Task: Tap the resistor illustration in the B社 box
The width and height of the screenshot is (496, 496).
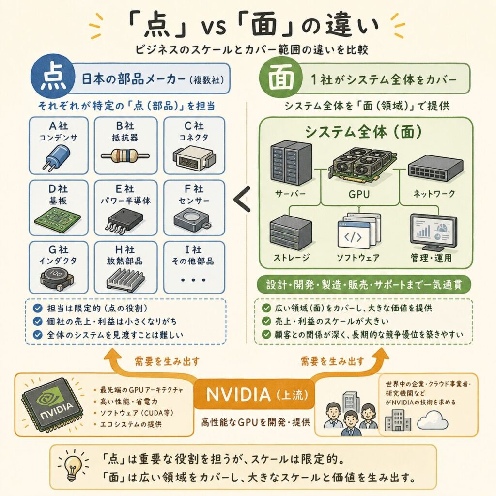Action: click(x=125, y=155)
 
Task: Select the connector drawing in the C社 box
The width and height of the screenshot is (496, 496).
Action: click(x=194, y=157)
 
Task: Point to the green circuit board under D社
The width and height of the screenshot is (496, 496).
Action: click(x=57, y=219)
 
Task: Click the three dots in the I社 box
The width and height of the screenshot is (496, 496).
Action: click(x=193, y=279)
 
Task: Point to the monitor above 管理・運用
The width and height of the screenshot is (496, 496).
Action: click(x=434, y=232)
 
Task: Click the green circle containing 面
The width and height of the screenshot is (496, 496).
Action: click(x=280, y=77)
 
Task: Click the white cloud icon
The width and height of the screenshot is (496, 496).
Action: click(x=432, y=420)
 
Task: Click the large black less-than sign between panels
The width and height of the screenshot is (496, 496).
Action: click(x=242, y=199)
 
